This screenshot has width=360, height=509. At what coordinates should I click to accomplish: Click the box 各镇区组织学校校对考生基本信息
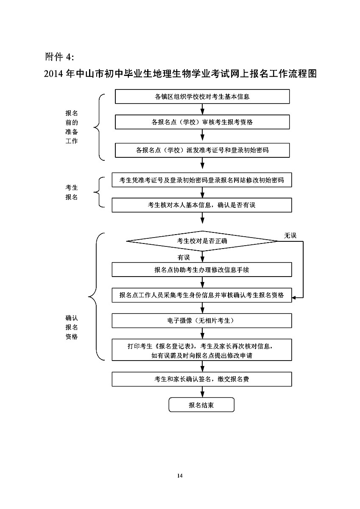pos(202,96)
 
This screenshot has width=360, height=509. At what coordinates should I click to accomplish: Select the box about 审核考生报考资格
pos(202,122)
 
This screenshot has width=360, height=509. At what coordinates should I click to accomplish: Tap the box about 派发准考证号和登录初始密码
pos(202,150)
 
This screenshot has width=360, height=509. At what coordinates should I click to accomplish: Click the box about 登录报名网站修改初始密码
pos(202,180)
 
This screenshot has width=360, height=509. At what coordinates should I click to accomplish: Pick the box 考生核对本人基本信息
pos(202,205)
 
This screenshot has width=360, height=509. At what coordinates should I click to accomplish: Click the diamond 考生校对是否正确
pos(202,241)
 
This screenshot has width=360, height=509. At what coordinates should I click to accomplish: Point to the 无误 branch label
pos(290,235)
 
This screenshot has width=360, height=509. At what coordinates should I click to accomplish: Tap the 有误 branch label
pos(184,257)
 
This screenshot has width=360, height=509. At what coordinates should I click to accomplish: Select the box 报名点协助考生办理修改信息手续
pos(202,269)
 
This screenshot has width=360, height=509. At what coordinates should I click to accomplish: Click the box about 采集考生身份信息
pos(202,295)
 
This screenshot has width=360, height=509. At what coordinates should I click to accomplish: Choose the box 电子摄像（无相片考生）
pos(202,321)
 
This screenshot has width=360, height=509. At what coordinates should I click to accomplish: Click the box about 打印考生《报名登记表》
pos(202,350)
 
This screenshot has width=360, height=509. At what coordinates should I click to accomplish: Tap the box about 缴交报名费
pos(202,379)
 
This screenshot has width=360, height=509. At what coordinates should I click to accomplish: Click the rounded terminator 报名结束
pos(201,405)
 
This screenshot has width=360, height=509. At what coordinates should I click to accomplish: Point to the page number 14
pos(180,476)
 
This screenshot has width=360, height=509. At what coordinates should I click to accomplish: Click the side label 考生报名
pos(71,192)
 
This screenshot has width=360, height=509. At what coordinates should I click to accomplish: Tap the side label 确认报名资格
pos(71,327)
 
